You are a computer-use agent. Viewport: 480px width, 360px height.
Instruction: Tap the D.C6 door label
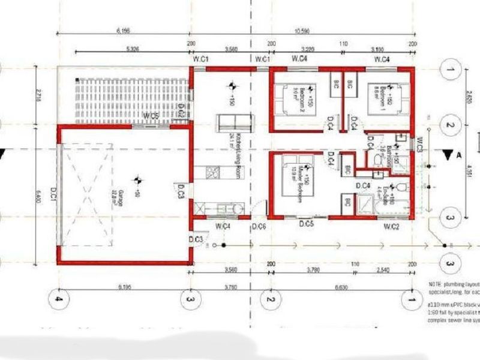pyautogui.click(x=259, y=226)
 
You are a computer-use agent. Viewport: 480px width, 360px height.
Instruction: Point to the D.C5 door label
pyautogui.click(x=307, y=224)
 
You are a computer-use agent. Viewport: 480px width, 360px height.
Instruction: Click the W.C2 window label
pyautogui.click(x=391, y=226)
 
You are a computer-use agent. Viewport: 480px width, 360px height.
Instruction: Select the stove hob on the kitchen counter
pyautogui.click(x=212, y=173)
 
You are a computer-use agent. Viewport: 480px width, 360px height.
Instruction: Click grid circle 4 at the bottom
pyautogui.click(x=58, y=299)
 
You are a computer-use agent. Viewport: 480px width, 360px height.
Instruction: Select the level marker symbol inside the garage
pyautogui.click(x=137, y=179)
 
